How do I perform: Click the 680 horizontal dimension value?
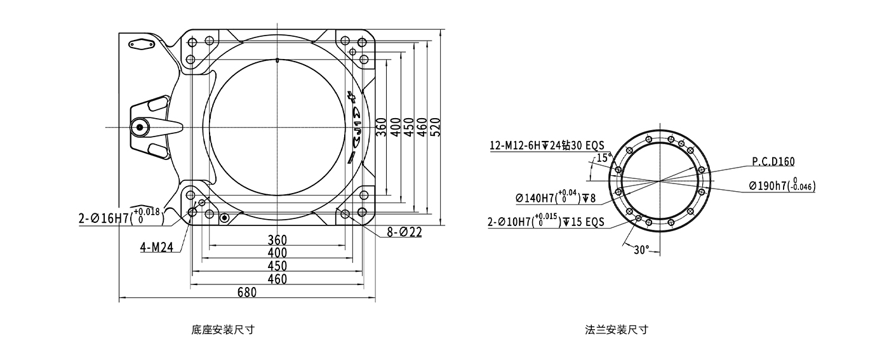click(x=247, y=293)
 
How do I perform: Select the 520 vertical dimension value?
click(x=436, y=127)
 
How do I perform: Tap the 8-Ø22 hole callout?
click(x=404, y=232)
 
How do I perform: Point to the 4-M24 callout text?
click(x=157, y=248)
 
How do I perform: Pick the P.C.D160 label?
click(x=773, y=162)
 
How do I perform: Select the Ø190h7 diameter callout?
click(x=782, y=185)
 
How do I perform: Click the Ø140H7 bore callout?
click(x=556, y=197)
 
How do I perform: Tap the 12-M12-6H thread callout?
click(x=547, y=145)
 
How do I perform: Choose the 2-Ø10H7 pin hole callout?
click(x=545, y=221)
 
